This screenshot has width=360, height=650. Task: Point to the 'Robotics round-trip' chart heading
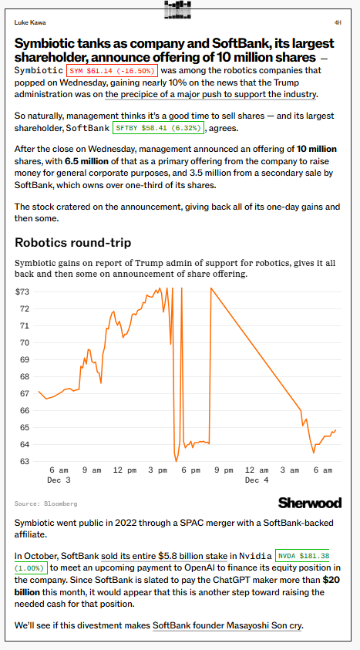click(73, 243)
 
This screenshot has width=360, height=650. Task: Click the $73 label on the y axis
click(22, 291)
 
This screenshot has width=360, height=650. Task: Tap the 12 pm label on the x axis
click(125, 470)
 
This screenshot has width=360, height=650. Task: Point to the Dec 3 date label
click(59, 480)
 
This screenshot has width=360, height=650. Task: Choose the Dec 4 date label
click(257, 480)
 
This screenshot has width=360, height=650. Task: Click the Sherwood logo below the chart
click(309, 503)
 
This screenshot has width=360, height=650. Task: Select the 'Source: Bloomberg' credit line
click(45, 503)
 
